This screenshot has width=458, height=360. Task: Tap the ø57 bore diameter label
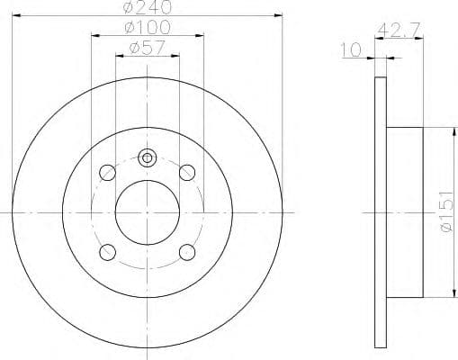click(x=147, y=49)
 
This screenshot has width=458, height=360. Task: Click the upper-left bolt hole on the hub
click(x=107, y=171)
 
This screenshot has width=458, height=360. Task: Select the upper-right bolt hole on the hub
click(x=187, y=171)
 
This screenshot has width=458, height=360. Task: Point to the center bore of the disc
click(x=147, y=211)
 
